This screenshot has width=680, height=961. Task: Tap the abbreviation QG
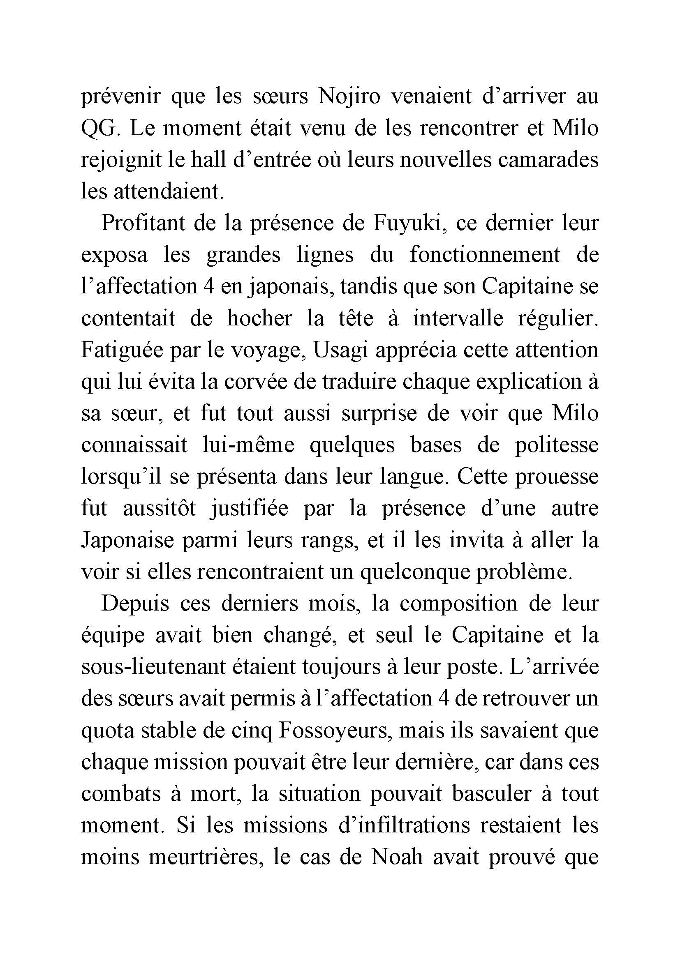97,129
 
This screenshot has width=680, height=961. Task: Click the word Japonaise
127,540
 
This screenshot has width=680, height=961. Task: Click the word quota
108,731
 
